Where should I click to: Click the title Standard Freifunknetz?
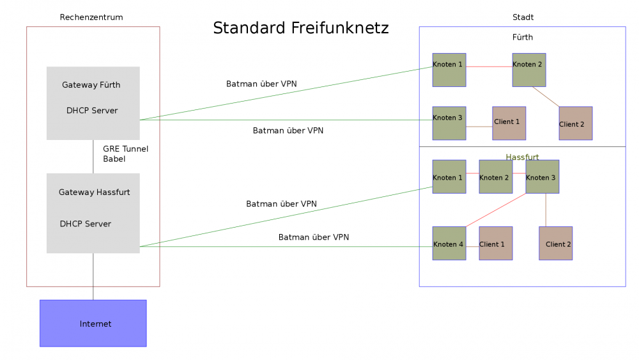point(300,28)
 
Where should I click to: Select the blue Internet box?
point(93,324)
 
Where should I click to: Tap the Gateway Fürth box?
point(93,103)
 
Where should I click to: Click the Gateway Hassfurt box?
point(93,213)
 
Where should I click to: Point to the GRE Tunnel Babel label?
point(125,153)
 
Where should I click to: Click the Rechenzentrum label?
point(91,17)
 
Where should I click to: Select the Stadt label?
point(523,17)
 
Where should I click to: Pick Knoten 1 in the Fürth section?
point(449,70)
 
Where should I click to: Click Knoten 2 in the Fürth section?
point(528,70)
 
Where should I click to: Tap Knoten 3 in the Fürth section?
point(449,123)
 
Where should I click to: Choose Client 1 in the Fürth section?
point(509,123)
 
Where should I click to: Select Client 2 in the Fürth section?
point(575,123)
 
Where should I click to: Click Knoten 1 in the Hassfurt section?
point(449,176)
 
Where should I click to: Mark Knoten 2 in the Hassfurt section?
point(495,176)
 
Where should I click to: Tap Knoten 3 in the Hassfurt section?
point(542,176)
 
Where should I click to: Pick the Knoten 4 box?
point(449,243)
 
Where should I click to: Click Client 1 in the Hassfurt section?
point(495,243)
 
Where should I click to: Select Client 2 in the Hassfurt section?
point(555,243)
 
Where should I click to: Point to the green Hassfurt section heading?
point(523,157)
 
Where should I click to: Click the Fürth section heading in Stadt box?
point(522,37)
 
